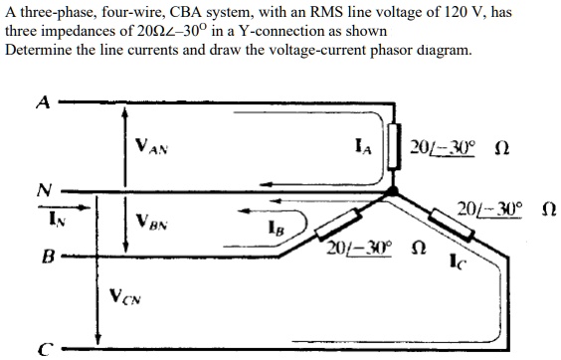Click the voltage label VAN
click(150, 147)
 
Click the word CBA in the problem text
click(183, 11)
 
